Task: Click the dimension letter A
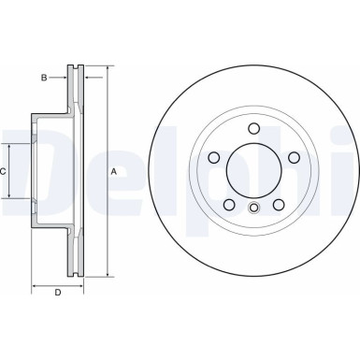click(114, 171)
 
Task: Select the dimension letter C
click(4, 171)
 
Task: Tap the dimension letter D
click(57, 295)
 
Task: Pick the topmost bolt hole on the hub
click(252, 129)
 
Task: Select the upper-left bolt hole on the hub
click(213, 158)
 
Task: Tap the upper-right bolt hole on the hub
click(292, 158)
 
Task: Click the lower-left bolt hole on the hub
click(228, 204)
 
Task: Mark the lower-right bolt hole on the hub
click(277, 204)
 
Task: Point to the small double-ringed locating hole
click(252, 208)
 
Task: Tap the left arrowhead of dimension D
click(35, 283)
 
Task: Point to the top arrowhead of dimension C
click(12, 146)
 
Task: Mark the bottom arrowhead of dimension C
click(12, 198)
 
